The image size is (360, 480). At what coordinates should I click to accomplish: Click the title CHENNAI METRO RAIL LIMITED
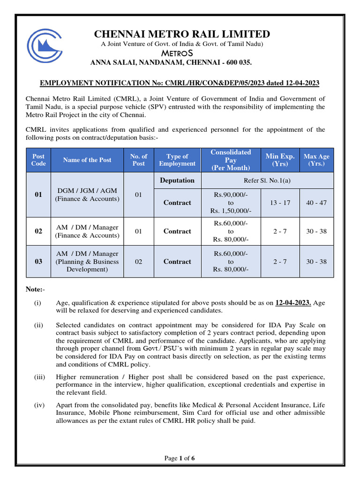182,34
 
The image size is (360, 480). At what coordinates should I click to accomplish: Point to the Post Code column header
38,160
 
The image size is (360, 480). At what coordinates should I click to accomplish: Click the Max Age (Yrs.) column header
316,160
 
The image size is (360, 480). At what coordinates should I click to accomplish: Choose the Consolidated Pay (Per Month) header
231,160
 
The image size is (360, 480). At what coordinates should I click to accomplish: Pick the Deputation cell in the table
177,180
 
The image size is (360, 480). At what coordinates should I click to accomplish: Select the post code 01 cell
38,195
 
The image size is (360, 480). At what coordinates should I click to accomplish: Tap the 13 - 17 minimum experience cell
280,202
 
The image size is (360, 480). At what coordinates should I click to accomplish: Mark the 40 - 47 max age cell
316,202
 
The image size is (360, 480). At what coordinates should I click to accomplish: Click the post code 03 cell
38,262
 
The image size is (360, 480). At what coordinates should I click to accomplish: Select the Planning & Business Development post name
87,262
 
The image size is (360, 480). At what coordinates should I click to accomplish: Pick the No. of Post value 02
138,262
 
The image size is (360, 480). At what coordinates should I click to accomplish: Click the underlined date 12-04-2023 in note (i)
293,303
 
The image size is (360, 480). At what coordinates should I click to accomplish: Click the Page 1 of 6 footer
179,458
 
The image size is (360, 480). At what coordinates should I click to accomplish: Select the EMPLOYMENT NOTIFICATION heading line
180,83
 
